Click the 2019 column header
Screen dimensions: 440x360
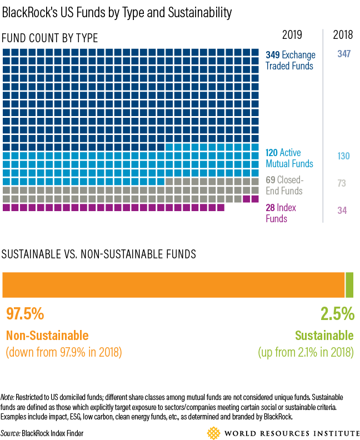(292, 35)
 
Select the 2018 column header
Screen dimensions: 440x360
(343, 35)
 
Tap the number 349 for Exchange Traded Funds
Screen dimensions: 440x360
(272, 55)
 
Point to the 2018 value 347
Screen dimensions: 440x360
(343, 54)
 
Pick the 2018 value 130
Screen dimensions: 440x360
(343, 156)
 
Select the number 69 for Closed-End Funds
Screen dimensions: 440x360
(271, 180)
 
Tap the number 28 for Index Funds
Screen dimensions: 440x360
(271, 207)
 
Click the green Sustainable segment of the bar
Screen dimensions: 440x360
(349, 284)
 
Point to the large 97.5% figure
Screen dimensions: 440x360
(25, 314)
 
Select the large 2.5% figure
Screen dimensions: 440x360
(337, 314)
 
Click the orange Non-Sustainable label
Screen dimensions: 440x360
(47, 335)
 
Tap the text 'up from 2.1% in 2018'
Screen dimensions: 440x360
(306, 352)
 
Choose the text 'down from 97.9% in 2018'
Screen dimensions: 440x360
(63, 352)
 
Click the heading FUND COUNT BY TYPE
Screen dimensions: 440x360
(50, 38)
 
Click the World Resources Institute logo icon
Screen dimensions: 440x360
(213, 432)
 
